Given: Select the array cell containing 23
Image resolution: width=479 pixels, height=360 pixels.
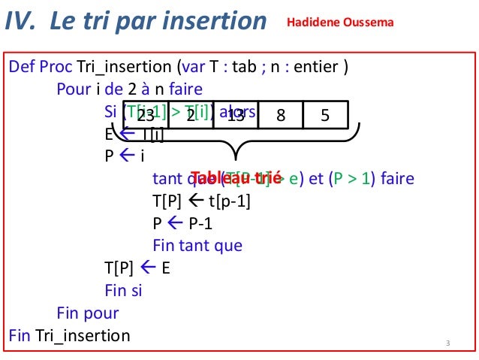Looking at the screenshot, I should coord(146,115).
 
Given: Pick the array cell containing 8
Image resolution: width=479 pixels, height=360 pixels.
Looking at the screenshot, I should coord(280,115).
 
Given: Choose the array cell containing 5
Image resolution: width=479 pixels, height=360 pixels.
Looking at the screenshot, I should coord(325,115).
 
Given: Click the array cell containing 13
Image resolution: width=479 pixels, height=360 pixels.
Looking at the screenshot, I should coord(236,115).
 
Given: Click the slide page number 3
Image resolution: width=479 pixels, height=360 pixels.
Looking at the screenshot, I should coord(447,344).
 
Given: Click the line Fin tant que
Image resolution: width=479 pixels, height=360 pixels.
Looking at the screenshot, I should coord(197,246).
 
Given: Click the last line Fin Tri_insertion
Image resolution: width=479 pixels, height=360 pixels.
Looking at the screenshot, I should coord(69,334).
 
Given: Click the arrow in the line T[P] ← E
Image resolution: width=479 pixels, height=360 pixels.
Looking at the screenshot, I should coord(147,268).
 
